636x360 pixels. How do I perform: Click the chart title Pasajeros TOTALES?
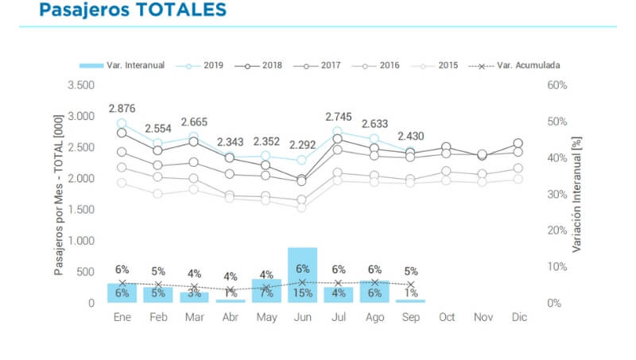[132, 10]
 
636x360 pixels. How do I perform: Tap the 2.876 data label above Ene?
[122, 108]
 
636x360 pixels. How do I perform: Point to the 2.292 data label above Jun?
[302, 145]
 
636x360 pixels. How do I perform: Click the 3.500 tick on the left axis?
[82, 85]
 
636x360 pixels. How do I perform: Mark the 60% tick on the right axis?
[556, 85]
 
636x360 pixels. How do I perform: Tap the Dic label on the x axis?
[518, 317]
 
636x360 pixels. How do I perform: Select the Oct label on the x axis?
[447, 317]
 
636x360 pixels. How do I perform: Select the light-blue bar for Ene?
[122, 293]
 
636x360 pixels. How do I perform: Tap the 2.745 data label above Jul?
[338, 117]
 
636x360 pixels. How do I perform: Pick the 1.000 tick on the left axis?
[82, 241]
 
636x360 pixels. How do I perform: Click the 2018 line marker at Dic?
[518, 144]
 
